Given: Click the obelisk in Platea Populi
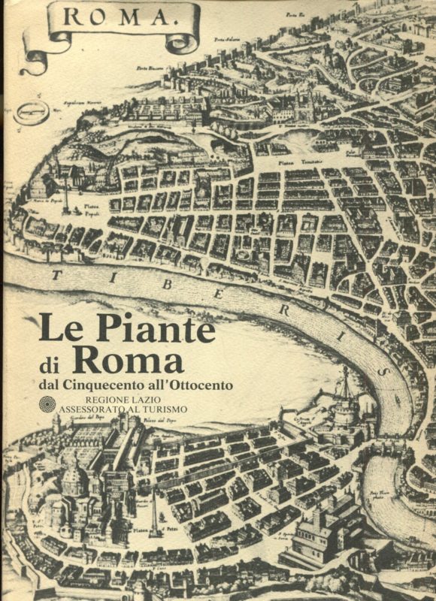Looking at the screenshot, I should click(66, 198).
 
